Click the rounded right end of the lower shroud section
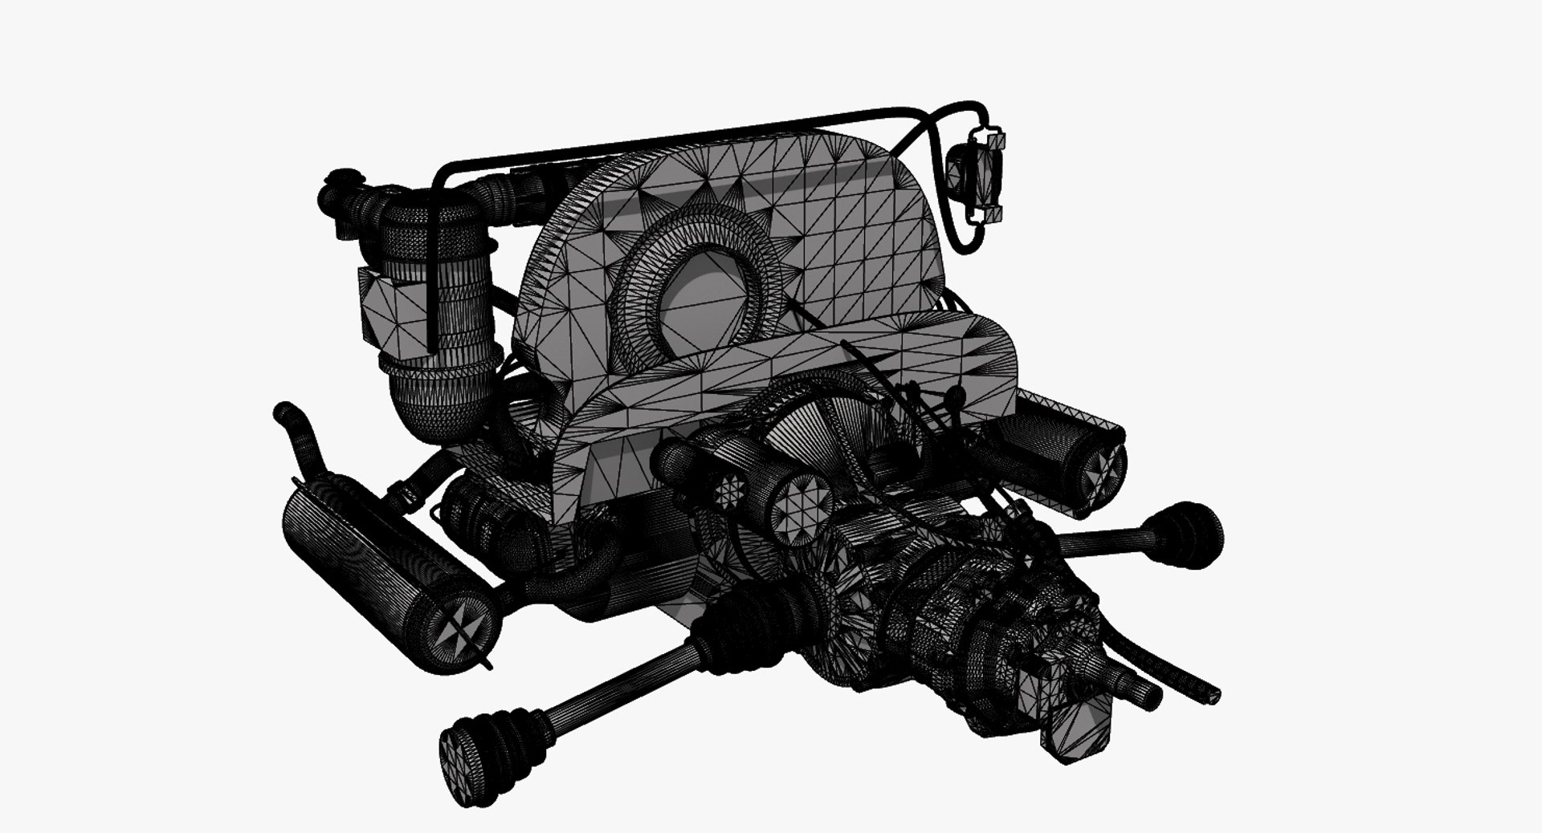tap(1000, 353)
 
